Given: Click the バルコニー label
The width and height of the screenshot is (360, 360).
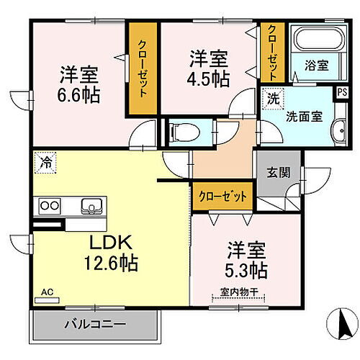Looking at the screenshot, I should point(94,323).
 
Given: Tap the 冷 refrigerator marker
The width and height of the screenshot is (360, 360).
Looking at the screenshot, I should point(45,162).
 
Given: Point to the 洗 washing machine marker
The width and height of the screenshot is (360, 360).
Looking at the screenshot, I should point(274,98).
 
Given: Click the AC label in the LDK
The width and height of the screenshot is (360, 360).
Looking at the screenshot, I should point(48,292).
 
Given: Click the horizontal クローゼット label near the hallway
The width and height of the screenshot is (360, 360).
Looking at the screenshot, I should point(222,195).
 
